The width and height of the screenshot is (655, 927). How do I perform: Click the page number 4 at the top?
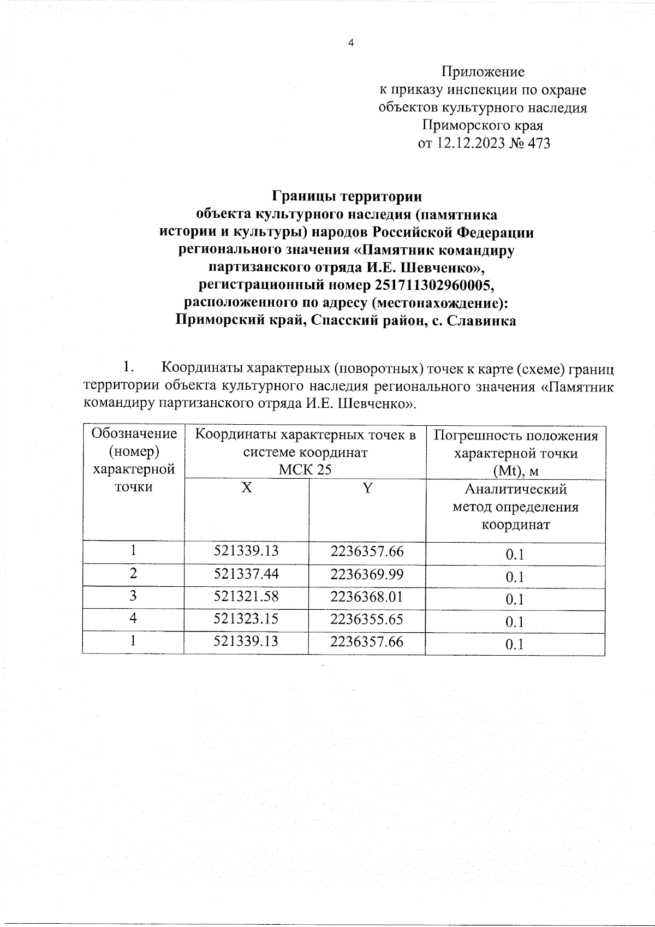pyautogui.click(x=351, y=43)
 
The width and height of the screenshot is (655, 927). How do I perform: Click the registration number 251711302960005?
pyautogui.click(x=434, y=286)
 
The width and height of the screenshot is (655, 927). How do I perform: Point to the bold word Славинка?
pyautogui.click(x=481, y=321)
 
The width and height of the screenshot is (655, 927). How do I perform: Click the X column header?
pyautogui.click(x=247, y=488)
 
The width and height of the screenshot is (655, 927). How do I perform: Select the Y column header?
pyautogui.click(x=367, y=488)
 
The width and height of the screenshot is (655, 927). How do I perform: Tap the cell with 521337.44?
pyautogui.click(x=246, y=574)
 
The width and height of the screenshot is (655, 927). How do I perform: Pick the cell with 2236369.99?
pyautogui.click(x=367, y=574)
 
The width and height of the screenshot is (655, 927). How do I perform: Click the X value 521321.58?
pyautogui.click(x=246, y=596)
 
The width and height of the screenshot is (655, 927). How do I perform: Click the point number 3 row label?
pyautogui.click(x=133, y=596)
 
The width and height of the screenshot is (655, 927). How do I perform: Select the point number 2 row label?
pyautogui.click(x=133, y=573)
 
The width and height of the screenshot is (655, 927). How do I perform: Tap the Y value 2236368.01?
pyautogui.click(x=367, y=596)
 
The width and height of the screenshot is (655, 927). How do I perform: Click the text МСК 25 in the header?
pyautogui.click(x=305, y=470)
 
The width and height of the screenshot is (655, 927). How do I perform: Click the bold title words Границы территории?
pyautogui.click(x=347, y=196)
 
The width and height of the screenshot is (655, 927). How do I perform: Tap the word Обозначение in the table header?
pyautogui.click(x=134, y=434)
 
